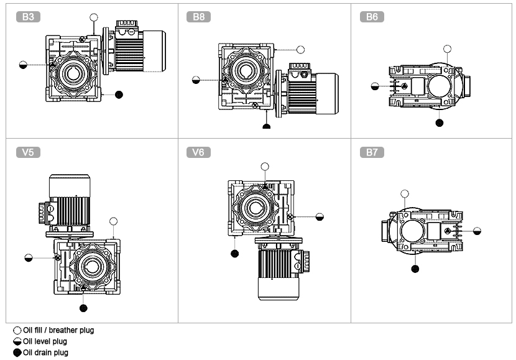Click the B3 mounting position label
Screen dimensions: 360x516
(x=28, y=17)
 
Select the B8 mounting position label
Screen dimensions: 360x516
(x=199, y=17)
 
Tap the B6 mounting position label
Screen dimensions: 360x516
(x=372, y=17)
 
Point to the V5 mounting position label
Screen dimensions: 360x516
(x=28, y=152)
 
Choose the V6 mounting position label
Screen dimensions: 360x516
(x=199, y=152)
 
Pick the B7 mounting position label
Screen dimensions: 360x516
(x=372, y=152)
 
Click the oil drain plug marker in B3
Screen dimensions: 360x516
(x=119, y=95)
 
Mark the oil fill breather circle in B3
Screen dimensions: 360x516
(x=94, y=17)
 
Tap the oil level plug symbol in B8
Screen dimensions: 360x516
(x=196, y=80)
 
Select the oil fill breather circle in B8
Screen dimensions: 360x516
(x=300, y=49)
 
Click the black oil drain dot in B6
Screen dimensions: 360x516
(x=440, y=122)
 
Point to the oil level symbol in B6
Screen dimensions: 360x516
(x=375, y=86)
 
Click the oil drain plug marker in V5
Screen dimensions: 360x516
(x=83, y=307)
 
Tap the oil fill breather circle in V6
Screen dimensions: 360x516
(x=265, y=166)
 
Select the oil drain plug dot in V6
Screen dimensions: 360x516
(x=235, y=253)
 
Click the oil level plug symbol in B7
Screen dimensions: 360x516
(x=477, y=231)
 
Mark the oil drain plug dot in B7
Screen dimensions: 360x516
(x=415, y=269)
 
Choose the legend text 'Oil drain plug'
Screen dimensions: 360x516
(x=45, y=353)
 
